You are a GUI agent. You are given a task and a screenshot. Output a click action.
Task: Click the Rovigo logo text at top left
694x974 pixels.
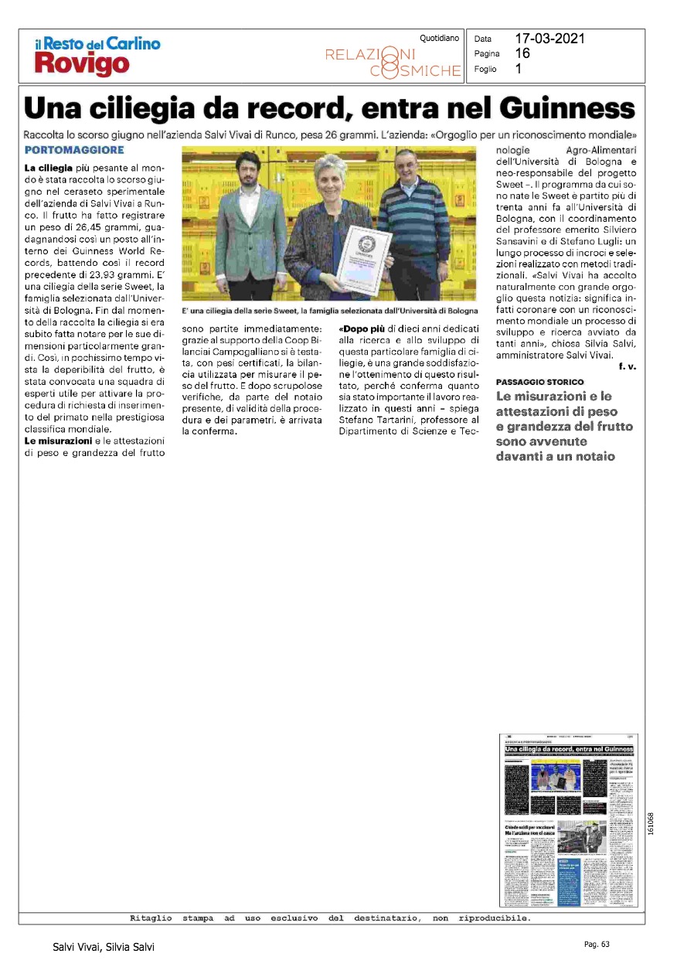click(x=82, y=64)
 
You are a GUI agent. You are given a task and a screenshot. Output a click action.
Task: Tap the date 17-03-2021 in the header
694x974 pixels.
click(x=550, y=39)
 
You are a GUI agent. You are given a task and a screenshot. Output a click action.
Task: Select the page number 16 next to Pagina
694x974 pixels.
click(x=522, y=53)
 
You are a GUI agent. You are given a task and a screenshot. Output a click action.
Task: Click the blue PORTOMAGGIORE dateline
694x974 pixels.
click(x=74, y=149)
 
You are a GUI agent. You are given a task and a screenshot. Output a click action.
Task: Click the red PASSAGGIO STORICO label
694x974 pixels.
click(x=540, y=383)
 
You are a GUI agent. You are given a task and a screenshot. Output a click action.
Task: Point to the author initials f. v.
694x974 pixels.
click(x=627, y=366)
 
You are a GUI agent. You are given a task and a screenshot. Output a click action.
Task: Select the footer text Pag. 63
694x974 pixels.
click(x=597, y=944)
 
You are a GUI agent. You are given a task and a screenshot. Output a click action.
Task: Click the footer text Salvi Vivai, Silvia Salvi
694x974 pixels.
click(x=104, y=947)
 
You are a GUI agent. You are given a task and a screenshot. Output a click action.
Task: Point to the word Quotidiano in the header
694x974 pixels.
click(x=439, y=38)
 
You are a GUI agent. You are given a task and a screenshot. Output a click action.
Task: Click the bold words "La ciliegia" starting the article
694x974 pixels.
click(x=49, y=168)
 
